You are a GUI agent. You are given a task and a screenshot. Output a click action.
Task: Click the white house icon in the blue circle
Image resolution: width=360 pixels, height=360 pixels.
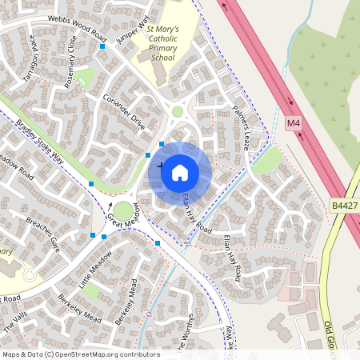(180, 171)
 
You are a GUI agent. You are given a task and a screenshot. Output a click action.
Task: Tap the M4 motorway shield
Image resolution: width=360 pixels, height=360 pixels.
(294, 123)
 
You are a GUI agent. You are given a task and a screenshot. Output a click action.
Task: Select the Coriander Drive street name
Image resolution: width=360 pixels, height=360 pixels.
(123, 111)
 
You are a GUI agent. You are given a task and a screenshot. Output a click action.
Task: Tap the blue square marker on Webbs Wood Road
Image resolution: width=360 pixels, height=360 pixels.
(102, 46)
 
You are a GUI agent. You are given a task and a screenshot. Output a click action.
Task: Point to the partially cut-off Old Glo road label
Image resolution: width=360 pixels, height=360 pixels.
(349, 336)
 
